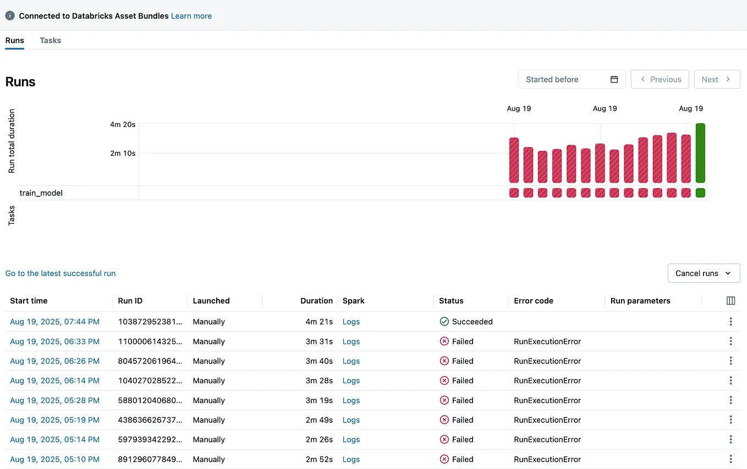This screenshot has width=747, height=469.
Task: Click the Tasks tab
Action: [x=50, y=40]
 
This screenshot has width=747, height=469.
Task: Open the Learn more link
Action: [x=191, y=16]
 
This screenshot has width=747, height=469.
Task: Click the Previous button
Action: [x=660, y=79]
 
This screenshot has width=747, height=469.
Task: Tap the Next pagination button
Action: [x=716, y=79]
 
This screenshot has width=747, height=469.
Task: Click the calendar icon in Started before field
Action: [x=614, y=79]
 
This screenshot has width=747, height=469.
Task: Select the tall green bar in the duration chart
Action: [x=700, y=153]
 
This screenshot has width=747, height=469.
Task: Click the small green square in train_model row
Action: [x=700, y=193]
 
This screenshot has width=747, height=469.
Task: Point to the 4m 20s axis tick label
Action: [x=123, y=125]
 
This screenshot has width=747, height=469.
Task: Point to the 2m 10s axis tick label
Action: [x=123, y=153]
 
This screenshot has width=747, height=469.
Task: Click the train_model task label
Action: [x=41, y=193]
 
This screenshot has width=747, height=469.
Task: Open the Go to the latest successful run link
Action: [x=61, y=273]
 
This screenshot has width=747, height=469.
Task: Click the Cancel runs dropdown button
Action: [x=704, y=273]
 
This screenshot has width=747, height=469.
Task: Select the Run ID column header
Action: [x=130, y=301]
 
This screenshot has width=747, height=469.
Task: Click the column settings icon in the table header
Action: [x=730, y=301]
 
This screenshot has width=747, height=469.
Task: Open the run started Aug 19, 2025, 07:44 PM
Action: [x=55, y=322]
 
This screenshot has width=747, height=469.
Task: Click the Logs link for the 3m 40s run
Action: [x=351, y=361]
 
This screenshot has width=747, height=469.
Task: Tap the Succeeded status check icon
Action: [x=444, y=322]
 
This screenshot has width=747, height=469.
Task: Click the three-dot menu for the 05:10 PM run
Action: [x=730, y=459]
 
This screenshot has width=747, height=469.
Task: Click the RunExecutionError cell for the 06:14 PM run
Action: [x=547, y=380]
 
